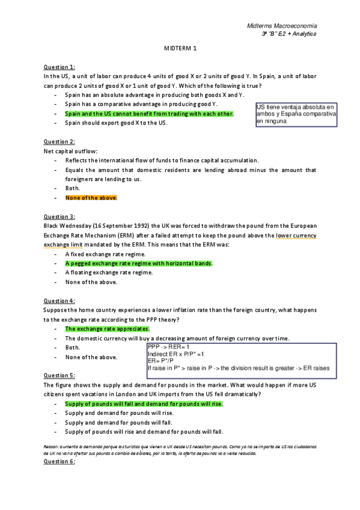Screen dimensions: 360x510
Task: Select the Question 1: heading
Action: [59, 67]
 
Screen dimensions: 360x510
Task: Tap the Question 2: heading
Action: [59, 141]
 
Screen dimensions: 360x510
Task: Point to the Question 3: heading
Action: [59, 216]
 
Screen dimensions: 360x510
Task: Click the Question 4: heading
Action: [59, 300]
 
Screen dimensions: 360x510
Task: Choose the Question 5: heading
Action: [59, 375]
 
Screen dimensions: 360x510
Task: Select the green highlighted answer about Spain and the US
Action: [149, 113]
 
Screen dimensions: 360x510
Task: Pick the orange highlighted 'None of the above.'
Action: [91, 197]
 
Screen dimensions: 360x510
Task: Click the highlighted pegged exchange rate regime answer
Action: [139, 263]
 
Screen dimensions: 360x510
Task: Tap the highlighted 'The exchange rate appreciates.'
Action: [107, 329]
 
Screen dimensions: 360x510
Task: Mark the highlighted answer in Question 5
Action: [144, 404]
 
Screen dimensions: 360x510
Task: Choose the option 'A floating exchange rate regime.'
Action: [109, 272]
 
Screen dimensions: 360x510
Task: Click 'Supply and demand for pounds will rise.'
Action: [119, 413]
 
